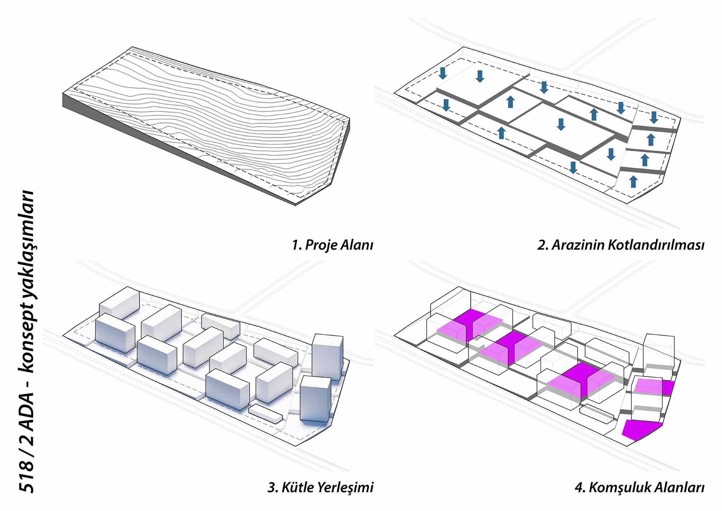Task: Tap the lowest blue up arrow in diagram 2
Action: pyautogui.click(x=633, y=181)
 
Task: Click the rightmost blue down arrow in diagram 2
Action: pyautogui.click(x=654, y=117)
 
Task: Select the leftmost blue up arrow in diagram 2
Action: pyautogui.click(x=501, y=133)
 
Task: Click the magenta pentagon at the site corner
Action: pyautogui.click(x=641, y=430)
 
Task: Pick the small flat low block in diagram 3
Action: pyautogui.click(x=265, y=413)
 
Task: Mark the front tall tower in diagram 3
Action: pyautogui.click(x=315, y=399)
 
